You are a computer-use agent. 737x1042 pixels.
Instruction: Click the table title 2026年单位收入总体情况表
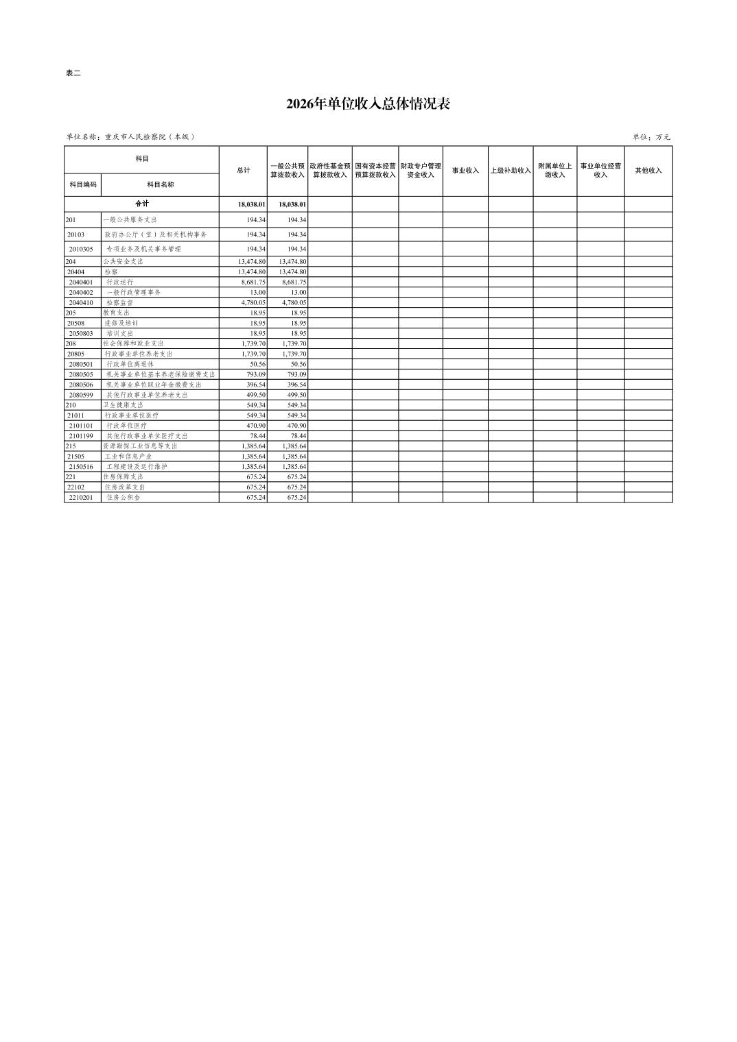point(368,104)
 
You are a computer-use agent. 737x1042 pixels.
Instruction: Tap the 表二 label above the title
point(73,73)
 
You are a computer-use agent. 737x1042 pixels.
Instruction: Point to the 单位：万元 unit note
point(651,137)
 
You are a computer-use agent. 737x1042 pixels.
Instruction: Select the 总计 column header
point(244,171)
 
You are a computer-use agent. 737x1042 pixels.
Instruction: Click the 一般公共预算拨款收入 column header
point(288,171)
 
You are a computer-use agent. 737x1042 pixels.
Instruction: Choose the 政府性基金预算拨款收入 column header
point(330,171)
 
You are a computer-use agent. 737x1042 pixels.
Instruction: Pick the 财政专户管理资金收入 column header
point(421,171)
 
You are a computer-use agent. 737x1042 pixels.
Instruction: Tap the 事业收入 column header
point(465,171)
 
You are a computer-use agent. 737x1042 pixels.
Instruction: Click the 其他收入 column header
point(648,171)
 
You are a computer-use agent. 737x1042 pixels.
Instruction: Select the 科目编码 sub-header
point(83,184)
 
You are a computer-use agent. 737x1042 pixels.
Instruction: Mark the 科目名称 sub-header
point(161,184)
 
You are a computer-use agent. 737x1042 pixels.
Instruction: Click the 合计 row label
point(141,204)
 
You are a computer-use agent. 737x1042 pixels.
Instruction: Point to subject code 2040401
point(81,282)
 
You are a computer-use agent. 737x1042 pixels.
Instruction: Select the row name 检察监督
point(119,303)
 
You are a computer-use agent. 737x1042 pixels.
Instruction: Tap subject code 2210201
point(81,498)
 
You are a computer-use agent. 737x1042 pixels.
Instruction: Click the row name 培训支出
point(119,334)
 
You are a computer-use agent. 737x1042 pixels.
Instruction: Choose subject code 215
point(71,446)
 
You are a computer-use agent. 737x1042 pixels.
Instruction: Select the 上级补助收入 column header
point(511,171)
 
